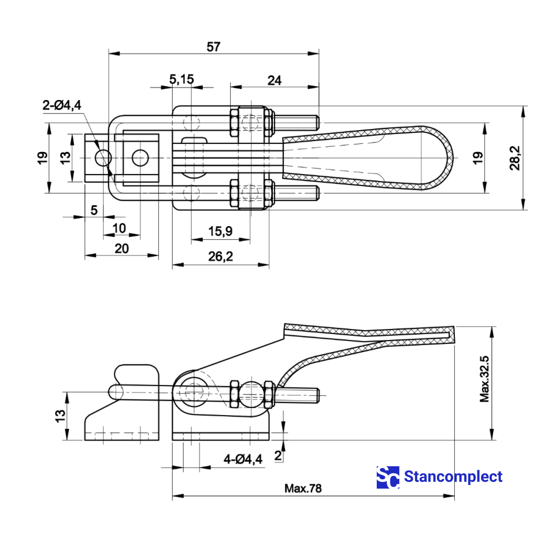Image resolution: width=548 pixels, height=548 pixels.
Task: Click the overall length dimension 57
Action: (x=213, y=47)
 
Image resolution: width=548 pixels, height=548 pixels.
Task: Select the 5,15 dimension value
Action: (x=181, y=79)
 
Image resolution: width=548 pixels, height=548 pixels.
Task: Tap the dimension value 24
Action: (x=274, y=80)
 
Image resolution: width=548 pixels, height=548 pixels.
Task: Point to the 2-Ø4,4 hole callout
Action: (x=62, y=105)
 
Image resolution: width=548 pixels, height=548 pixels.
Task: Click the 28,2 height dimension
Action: (x=515, y=158)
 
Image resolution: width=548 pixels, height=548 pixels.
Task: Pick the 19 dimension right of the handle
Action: (x=477, y=158)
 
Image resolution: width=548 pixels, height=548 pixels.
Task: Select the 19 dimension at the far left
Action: (x=42, y=158)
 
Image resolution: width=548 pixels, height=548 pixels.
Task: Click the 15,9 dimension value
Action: (x=220, y=231)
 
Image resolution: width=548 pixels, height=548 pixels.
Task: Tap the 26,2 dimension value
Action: (x=221, y=257)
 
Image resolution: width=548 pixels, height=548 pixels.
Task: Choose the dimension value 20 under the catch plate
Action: (x=121, y=248)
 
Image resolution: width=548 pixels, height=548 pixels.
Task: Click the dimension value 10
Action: (x=119, y=228)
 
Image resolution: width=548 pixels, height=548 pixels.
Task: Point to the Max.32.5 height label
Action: (x=484, y=379)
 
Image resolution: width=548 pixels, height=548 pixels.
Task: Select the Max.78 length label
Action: (x=303, y=488)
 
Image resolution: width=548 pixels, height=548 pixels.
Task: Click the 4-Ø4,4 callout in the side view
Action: (x=243, y=459)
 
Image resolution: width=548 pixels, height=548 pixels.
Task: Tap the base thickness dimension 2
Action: (x=278, y=455)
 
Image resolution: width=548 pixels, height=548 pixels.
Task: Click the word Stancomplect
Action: (x=453, y=477)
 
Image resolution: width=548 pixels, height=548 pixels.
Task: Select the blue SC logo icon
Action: (x=388, y=477)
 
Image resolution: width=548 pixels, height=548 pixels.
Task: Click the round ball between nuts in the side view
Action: (x=252, y=393)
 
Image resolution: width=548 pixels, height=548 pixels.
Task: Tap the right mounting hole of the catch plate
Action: (x=140, y=158)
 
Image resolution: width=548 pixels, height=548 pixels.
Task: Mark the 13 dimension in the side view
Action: (x=60, y=416)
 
